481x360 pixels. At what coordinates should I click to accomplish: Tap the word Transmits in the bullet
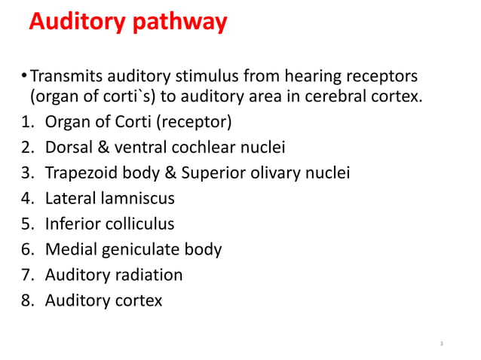tap(67, 77)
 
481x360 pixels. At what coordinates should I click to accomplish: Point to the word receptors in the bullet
tap(378, 77)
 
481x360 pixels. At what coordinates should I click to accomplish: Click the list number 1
tap(26, 121)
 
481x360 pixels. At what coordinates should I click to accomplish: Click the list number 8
tap(26, 301)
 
